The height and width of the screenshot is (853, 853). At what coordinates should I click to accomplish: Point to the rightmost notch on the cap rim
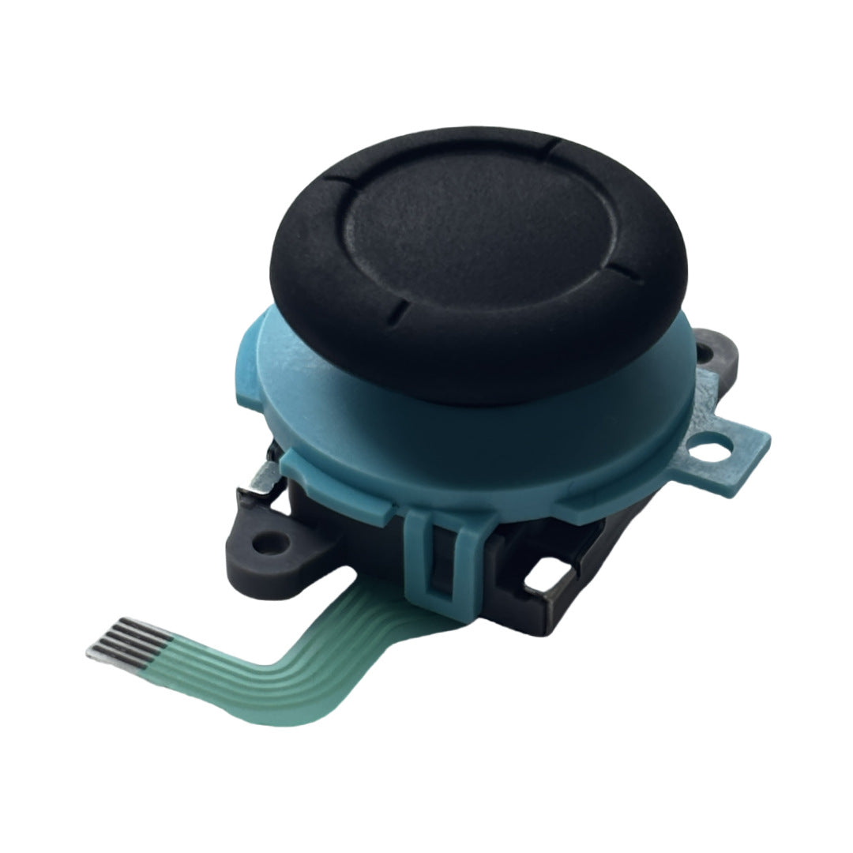point(624,274)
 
